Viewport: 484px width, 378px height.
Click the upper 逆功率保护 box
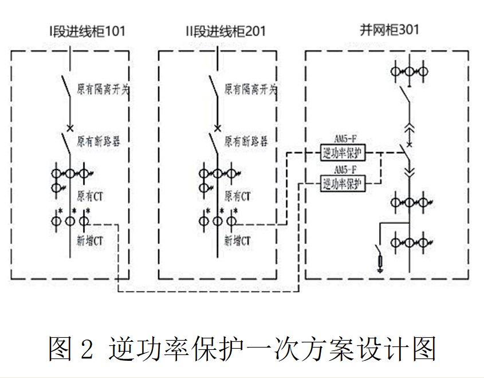point(342,153)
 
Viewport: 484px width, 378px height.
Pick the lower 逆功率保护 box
point(342,184)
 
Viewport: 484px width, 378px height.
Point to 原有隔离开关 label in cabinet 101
point(104,89)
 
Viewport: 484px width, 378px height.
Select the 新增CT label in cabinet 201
point(237,241)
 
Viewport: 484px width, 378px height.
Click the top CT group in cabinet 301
point(409,72)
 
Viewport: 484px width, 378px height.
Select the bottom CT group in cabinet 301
point(409,242)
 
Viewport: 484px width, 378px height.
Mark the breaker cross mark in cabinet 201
point(217,128)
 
